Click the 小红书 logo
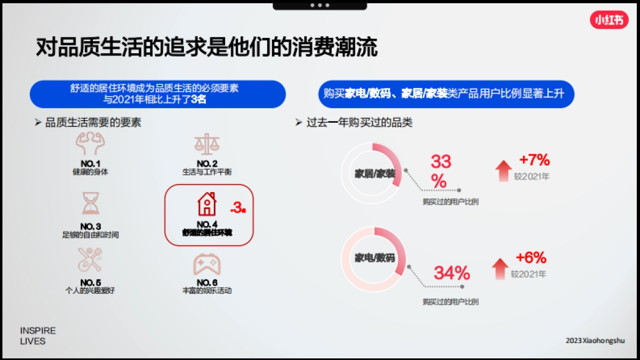click(x=609, y=20)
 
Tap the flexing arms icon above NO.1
click(x=90, y=143)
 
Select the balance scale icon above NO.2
click(x=207, y=144)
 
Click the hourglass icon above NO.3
click(x=90, y=203)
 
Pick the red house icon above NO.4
click(x=207, y=204)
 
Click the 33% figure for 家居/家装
click(x=441, y=171)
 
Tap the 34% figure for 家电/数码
click(x=452, y=273)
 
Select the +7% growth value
click(x=534, y=159)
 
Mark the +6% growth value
click(x=531, y=258)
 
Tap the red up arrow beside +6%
click(x=500, y=268)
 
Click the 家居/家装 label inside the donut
click(x=375, y=174)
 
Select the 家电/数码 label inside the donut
click(x=375, y=258)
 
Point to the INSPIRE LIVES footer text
click(x=37, y=335)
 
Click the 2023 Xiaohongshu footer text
click(x=595, y=340)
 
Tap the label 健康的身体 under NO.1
click(x=90, y=172)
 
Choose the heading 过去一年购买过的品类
click(x=359, y=123)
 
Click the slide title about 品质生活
click(x=206, y=47)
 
